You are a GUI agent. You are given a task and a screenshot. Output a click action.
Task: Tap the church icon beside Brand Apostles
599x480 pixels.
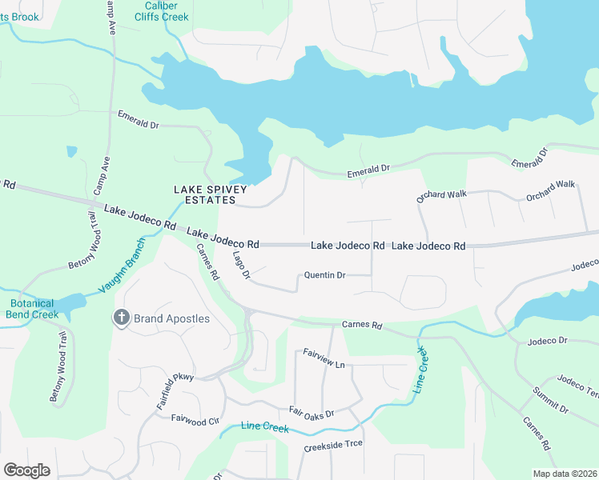[x=122, y=318]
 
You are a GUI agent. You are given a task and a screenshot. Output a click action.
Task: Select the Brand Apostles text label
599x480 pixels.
[x=172, y=318]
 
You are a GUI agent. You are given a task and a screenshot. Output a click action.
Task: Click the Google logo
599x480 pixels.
[x=26, y=470]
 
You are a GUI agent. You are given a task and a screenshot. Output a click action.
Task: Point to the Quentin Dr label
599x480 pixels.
[x=324, y=275]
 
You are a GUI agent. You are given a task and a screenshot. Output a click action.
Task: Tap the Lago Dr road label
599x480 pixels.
[x=241, y=265]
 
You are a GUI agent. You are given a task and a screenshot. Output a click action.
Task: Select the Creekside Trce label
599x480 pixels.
[x=333, y=444]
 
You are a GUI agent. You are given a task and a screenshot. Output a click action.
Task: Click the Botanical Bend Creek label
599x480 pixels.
[x=33, y=309]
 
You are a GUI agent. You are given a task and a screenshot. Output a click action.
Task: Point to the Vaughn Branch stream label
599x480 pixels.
[x=121, y=266]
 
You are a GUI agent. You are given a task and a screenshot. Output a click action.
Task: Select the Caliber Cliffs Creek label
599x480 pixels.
[x=161, y=10]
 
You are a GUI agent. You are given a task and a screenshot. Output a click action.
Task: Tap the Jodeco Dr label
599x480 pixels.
[x=548, y=342]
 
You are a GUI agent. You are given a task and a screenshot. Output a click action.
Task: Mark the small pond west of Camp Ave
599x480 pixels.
[x=72, y=150]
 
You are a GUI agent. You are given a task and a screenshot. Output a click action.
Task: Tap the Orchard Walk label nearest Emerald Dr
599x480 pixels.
[x=441, y=194]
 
